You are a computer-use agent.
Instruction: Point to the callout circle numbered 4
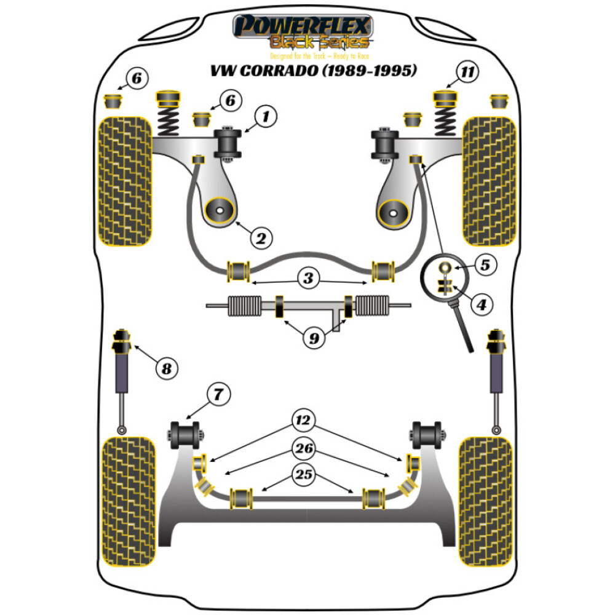[482, 304]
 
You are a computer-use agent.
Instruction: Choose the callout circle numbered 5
[485, 266]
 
